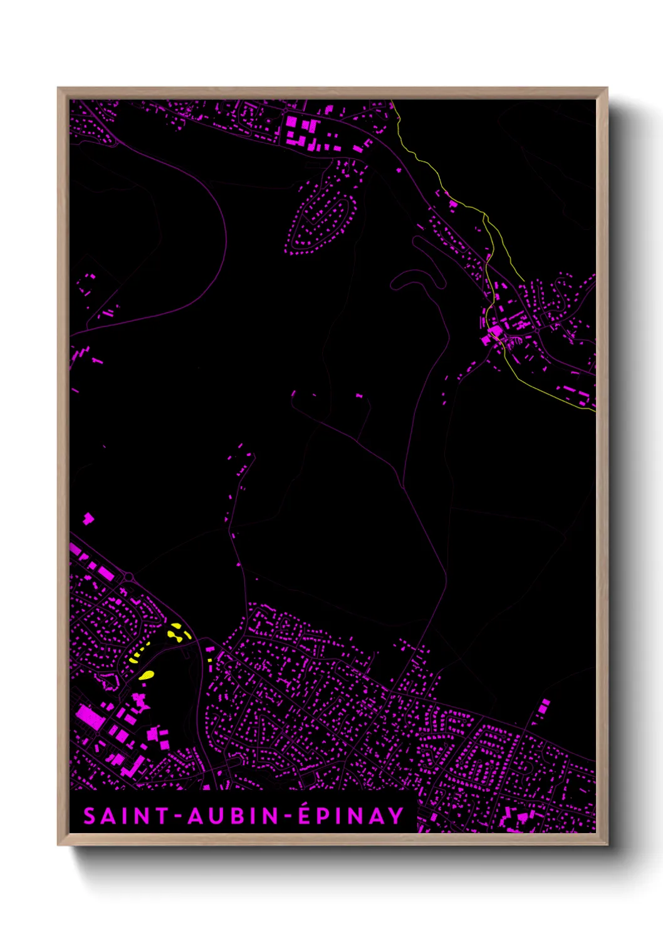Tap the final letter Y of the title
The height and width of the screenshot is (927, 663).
395,816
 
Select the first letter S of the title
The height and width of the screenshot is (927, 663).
90,816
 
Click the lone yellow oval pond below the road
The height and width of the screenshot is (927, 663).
146,675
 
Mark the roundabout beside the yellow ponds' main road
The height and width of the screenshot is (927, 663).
128,576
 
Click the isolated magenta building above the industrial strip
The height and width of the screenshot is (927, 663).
88,518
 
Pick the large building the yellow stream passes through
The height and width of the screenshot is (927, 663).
495,331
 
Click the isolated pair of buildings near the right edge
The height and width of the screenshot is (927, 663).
543,706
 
